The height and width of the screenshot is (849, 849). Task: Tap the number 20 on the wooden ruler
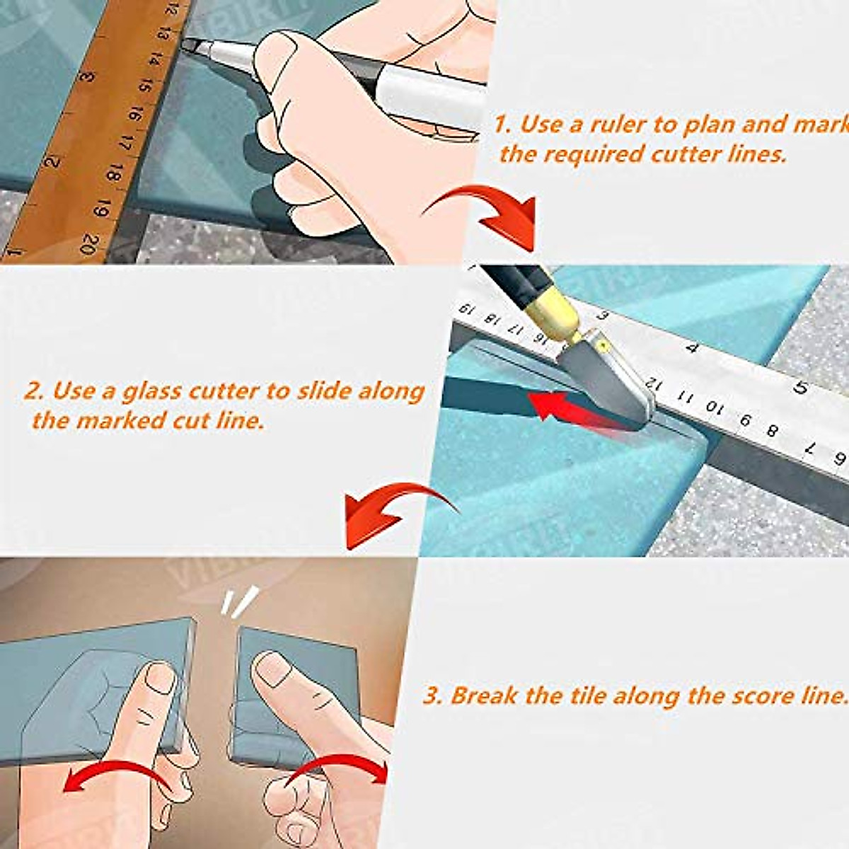point(91,244)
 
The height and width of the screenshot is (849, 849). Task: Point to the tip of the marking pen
point(185,44)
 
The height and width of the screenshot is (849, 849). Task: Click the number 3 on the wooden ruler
point(87,75)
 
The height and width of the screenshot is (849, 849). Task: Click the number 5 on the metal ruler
point(801,388)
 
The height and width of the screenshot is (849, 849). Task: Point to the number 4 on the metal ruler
point(692,348)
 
